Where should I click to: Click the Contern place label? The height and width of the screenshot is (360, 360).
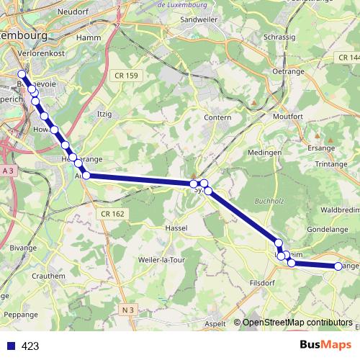[217, 117]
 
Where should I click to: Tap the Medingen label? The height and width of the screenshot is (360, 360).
[264, 153]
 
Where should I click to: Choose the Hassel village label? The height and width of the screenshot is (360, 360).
[176, 228]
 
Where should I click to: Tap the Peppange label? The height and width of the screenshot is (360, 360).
[20, 315]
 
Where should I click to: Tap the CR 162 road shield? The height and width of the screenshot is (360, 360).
[113, 214]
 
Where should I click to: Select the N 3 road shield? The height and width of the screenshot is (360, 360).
[128, 310]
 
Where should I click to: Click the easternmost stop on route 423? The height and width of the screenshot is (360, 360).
[338, 266]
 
